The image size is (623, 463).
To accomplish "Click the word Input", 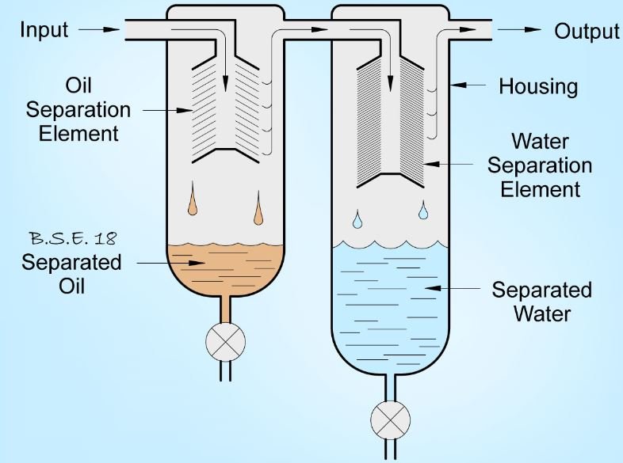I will [44, 30].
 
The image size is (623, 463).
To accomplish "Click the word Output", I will [587, 31].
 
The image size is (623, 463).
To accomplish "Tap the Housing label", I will [538, 85].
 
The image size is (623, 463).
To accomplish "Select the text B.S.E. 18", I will [72, 238].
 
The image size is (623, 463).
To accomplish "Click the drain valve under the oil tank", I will [225, 342].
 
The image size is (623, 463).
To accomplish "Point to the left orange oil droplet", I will [193, 204].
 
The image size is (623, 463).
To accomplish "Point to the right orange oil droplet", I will [258, 213].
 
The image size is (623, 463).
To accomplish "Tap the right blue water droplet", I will [423, 211].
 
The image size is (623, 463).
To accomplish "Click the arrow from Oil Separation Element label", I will [173, 108].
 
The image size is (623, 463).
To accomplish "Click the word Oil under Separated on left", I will [71, 285].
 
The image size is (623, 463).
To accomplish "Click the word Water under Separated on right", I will [541, 313].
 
